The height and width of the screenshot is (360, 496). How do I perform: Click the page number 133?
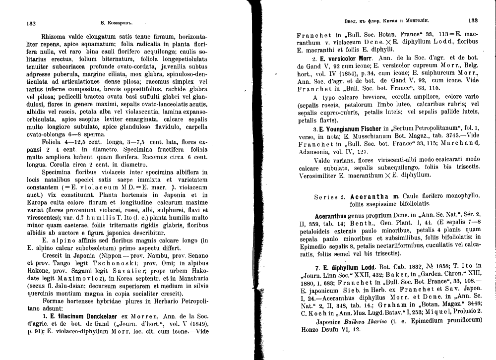point(473,21)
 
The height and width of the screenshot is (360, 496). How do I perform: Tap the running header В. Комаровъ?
point(117,22)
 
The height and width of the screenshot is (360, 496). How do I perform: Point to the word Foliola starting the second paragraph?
point(55,142)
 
